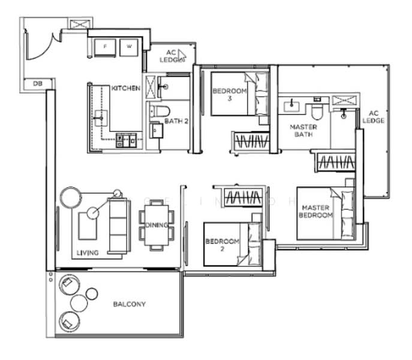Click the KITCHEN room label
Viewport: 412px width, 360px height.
point(126,88)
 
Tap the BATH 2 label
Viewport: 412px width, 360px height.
point(160,121)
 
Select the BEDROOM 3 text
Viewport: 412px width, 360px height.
point(230,95)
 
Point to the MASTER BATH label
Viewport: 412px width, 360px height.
point(303,131)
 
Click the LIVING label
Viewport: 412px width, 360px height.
point(88,253)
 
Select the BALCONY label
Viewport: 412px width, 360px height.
point(129,304)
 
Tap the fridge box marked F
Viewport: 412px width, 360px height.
point(105,46)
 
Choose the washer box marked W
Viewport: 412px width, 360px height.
point(129,46)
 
